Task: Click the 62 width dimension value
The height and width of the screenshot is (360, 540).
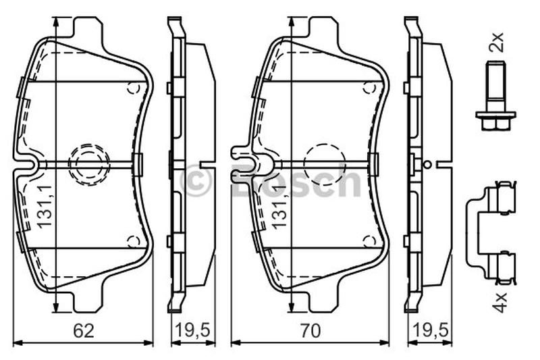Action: [x=84, y=331]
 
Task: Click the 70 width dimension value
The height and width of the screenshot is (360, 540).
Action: [x=310, y=331]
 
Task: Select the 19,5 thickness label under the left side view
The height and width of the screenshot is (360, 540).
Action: [x=193, y=331]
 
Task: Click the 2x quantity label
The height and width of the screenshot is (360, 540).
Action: [x=496, y=42]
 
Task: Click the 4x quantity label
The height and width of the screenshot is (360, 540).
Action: [x=499, y=302]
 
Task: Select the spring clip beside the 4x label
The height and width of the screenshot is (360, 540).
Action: [x=492, y=233]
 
